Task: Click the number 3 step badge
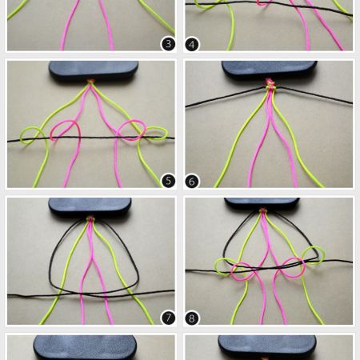click(x=168, y=44)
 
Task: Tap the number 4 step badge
click(x=192, y=45)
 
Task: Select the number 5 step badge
click(x=168, y=181)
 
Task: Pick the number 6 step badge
click(x=192, y=182)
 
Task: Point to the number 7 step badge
click(x=168, y=318)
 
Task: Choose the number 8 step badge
click(x=192, y=318)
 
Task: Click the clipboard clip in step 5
click(x=94, y=71)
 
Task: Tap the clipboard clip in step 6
click(x=270, y=70)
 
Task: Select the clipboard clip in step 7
click(x=90, y=207)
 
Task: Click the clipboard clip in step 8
click(x=262, y=204)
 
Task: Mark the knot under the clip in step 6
click(x=270, y=84)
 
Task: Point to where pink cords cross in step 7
click(x=92, y=258)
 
